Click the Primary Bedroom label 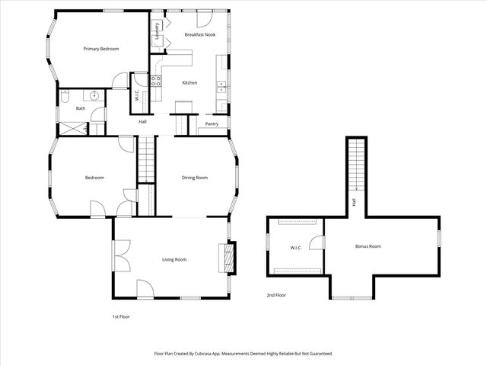click(x=101, y=49)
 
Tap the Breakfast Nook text click(x=199, y=34)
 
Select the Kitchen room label click(x=189, y=82)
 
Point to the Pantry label click(x=212, y=124)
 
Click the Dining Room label click(x=195, y=178)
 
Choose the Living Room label click(x=174, y=259)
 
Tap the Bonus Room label click(x=368, y=246)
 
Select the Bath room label click(x=80, y=108)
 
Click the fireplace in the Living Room click(x=225, y=257)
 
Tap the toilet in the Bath click(x=65, y=96)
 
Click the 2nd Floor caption click(x=275, y=294)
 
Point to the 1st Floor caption click(x=122, y=316)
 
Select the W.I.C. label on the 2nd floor click(x=296, y=248)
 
